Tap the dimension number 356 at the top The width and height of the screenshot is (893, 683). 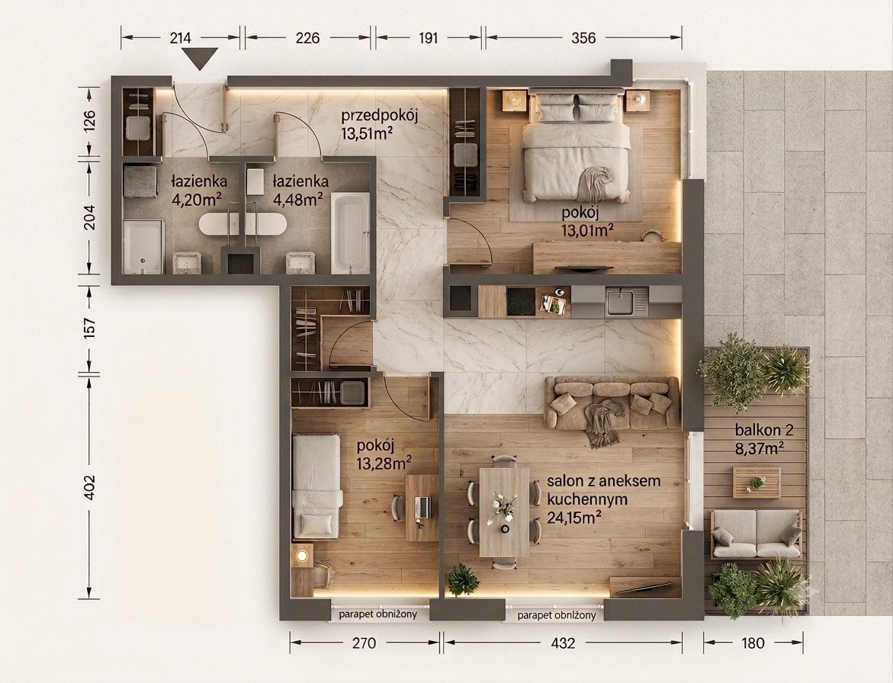tap(583, 37)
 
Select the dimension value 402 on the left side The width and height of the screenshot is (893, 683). tap(89, 488)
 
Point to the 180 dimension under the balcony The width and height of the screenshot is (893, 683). tap(753, 643)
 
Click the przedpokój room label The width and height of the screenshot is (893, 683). tap(380, 117)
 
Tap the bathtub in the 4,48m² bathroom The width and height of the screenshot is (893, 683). tap(351, 232)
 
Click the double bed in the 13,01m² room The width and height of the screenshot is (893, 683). tap(577, 146)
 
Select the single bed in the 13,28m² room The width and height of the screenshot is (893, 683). tap(316, 486)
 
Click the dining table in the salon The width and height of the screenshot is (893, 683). tap(504, 512)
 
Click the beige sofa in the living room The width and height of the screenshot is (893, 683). tap(612, 403)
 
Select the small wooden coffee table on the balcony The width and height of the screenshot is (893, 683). tap(756, 483)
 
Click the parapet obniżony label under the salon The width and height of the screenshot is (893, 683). tap(557, 615)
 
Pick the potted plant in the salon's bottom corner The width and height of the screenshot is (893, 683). tap(462, 580)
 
